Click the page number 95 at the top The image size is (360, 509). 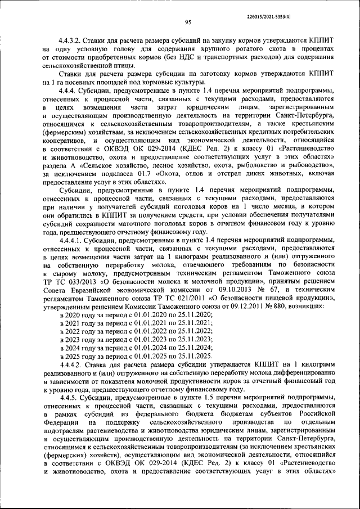coord(188,22)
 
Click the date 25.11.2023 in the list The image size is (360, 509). coord(193,339)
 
